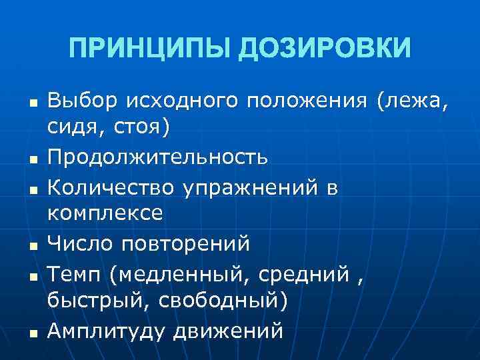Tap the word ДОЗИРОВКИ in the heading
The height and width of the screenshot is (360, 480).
coord(325,48)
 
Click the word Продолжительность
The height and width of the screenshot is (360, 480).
coord(158,157)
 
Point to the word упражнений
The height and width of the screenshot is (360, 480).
coord(250,189)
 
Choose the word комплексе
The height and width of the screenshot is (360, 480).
coord(105,213)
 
